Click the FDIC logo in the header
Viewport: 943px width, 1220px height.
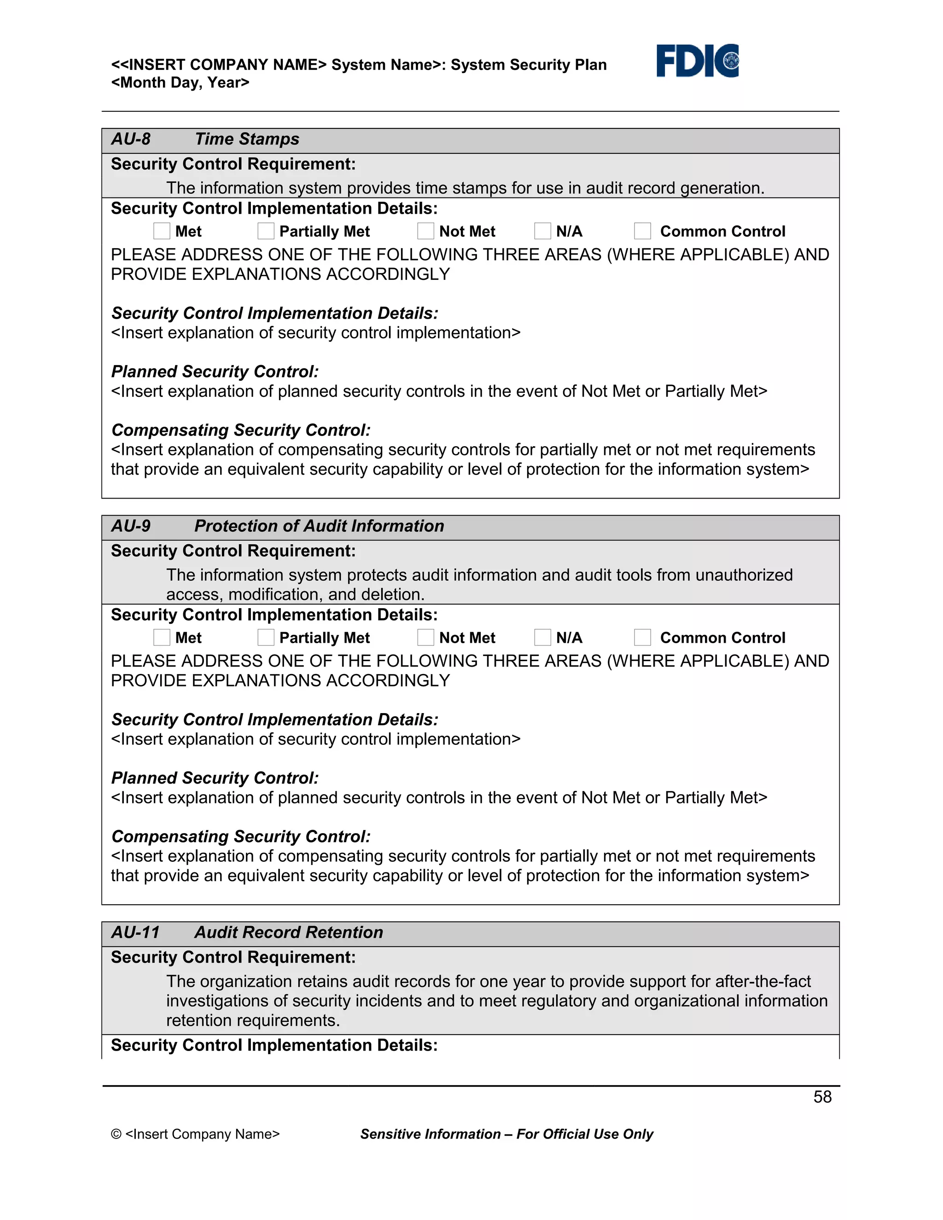pyautogui.click(x=697, y=61)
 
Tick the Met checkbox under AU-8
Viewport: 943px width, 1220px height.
pyautogui.click(x=162, y=231)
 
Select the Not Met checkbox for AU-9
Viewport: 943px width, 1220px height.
pyautogui.click(x=426, y=637)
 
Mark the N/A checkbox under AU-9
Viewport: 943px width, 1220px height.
pyautogui.click(x=542, y=637)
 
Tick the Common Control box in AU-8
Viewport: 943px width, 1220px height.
pyautogui.click(x=642, y=231)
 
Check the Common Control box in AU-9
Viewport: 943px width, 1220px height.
pyautogui.click(x=642, y=637)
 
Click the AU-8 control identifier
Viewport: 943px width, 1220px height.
pyautogui.click(x=131, y=139)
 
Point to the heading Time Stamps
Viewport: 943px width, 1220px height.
pyautogui.click(x=246, y=139)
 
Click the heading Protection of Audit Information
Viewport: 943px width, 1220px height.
pyautogui.click(x=319, y=526)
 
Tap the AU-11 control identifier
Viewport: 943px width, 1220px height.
pyautogui.click(x=135, y=932)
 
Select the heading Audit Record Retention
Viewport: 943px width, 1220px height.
pyautogui.click(x=288, y=932)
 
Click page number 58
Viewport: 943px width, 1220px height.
pyautogui.click(x=822, y=1097)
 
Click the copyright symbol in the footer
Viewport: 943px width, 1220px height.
pyautogui.click(x=116, y=1134)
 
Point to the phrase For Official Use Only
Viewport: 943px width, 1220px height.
pyautogui.click(x=584, y=1134)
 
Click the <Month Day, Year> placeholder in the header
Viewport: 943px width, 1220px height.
pyautogui.click(x=180, y=83)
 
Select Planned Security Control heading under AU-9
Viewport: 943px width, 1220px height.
pyautogui.click(x=215, y=778)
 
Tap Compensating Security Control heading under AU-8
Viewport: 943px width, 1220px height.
pyautogui.click(x=241, y=430)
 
